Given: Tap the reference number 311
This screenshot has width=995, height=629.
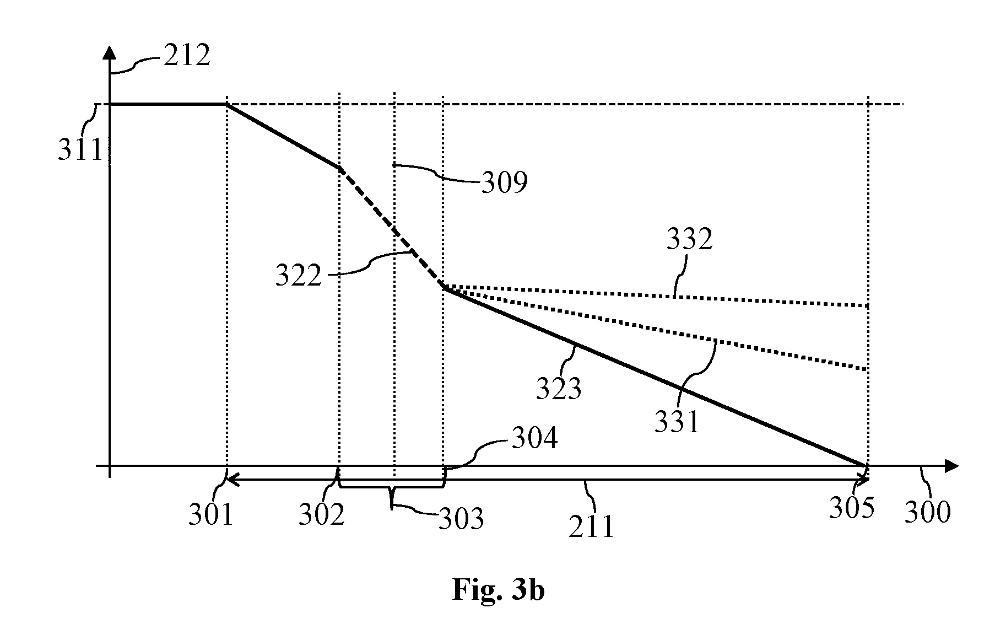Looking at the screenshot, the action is coord(81,149).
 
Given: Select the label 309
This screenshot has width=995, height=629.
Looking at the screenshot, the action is coord(505,182).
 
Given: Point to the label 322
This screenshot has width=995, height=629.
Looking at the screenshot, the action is coord(298,275).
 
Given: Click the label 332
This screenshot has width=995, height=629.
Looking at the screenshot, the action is coord(690,239).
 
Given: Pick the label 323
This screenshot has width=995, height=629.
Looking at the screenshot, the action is coord(559,388).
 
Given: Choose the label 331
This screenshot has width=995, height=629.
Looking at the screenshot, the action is coord(677,422).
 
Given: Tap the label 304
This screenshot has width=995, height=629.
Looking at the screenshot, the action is coord(534,439).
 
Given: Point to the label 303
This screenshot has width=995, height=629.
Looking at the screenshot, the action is coord(461,518).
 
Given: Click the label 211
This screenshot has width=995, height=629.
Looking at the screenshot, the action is coord(592,526).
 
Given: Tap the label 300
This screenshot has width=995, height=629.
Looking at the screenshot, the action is coord(928,512).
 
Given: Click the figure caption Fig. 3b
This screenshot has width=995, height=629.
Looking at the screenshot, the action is coord(499,590).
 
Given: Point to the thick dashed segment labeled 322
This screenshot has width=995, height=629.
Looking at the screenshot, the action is coord(392,228).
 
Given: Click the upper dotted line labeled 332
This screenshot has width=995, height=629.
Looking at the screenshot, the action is coord(656,295).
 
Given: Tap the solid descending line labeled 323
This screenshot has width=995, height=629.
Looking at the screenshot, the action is coord(656,377).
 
